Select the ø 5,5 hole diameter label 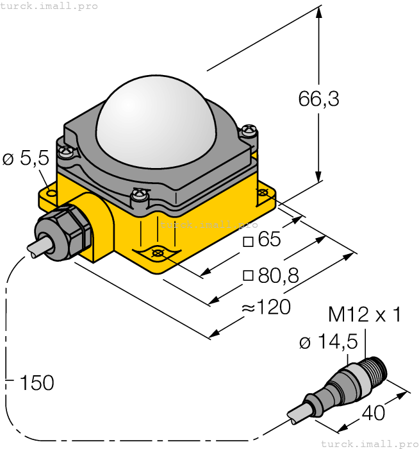click(26, 158)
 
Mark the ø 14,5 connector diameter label click(328, 343)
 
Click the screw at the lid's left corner click(66, 153)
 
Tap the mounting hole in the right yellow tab click(262, 192)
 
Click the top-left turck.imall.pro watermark click(49, 6)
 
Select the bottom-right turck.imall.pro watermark click(368, 443)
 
